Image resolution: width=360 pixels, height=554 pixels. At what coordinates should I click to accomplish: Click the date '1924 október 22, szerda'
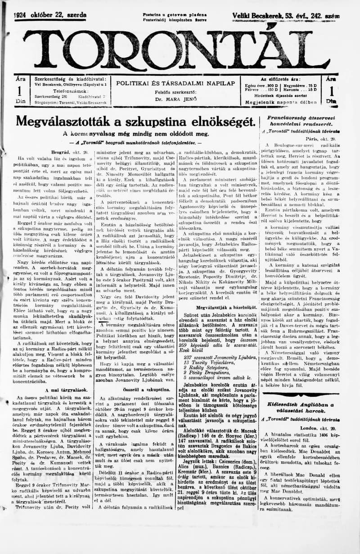[50, 15]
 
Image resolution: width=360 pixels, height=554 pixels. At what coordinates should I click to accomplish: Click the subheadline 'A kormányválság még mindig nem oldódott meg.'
[136, 133]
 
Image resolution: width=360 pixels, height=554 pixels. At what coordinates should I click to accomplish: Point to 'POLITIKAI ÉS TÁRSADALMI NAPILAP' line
[175, 83]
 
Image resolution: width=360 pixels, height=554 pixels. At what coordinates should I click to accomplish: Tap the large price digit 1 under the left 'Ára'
[19, 91]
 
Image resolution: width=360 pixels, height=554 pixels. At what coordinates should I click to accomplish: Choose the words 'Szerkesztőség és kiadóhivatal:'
[70, 78]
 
